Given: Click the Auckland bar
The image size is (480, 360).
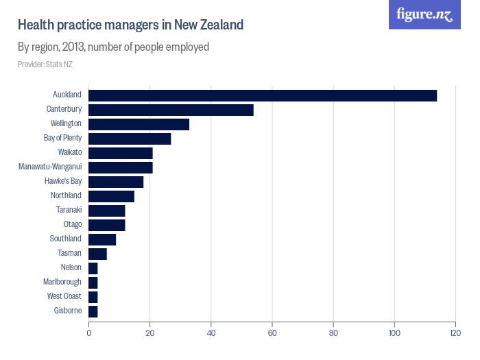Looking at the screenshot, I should pos(263,95).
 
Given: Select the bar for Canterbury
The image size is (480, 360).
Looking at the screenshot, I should pos(171,110).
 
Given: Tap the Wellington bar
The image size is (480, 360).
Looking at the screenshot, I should pos(139,124).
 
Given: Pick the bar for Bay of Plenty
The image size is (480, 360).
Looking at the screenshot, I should pos(130,139).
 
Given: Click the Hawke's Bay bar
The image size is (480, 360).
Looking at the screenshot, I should pos(116,182).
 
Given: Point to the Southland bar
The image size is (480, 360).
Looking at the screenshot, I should pos(102,239).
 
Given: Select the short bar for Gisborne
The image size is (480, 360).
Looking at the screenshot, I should pos(93,311).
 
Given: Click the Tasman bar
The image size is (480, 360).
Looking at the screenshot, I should pos(97,254).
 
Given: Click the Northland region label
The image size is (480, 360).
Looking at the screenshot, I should pos(66,195).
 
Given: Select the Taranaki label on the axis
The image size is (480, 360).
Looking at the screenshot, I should pos(69,210).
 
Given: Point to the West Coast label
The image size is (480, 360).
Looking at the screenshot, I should pos(64,296).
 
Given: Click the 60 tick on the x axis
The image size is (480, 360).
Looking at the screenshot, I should pos(272,333).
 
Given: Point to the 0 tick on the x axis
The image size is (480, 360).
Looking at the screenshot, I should pos(88,333).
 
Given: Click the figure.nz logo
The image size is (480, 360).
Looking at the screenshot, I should pos(425,14).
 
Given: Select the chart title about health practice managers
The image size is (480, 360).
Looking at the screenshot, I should pos(131,25).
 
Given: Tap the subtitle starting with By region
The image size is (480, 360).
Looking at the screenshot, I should pos(113,47).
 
